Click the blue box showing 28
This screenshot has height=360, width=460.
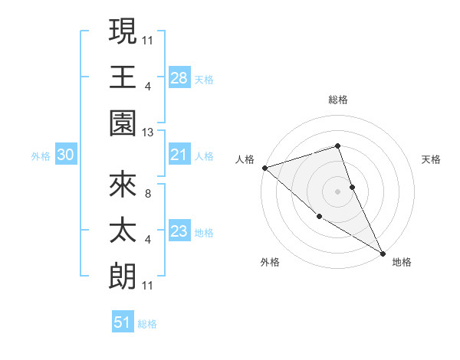tap(179, 78)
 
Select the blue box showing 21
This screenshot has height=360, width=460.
tap(179, 155)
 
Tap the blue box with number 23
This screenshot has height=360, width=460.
tap(179, 232)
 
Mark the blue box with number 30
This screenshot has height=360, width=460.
tap(66, 155)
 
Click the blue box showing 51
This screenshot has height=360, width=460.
tap(123, 322)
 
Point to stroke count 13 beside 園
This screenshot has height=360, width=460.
tap(149, 133)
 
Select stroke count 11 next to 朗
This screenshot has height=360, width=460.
tap(148, 286)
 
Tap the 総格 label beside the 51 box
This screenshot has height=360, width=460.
tap(147, 324)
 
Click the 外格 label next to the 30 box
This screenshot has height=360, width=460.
tap(41, 156)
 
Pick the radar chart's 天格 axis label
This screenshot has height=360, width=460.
tap(431, 159)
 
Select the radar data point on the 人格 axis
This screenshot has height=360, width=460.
tap(264, 167)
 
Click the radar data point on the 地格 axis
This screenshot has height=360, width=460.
tap(382, 252)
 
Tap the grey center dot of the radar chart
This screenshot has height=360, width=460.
tap(337, 191)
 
